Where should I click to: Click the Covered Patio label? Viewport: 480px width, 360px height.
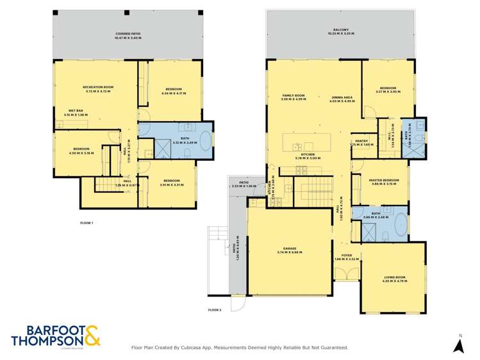point(128,33)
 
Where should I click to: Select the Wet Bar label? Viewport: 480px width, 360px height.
point(76,111)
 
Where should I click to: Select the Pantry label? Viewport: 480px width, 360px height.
point(361,142)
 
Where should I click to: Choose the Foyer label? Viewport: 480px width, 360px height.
point(346,258)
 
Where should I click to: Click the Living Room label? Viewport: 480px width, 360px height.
point(394,277)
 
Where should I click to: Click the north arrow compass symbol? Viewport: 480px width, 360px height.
point(458,345)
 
